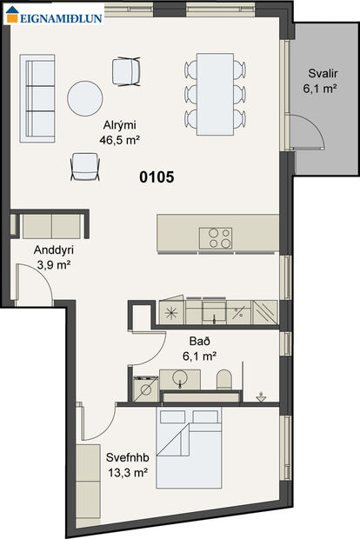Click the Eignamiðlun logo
pyautogui.click(x=54, y=15)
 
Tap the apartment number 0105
pyautogui.click(x=157, y=177)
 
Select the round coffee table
pyautogui.click(x=85, y=98)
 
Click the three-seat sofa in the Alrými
pyautogui.click(x=37, y=98)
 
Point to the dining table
pyautogui.click(x=216, y=94)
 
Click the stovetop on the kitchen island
pyautogui.click(x=216, y=238)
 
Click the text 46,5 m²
pyautogui.click(x=119, y=140)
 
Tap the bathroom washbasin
pyautogui.click(x=179, y=379)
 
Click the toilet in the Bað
pyautogui.click(x=224, y=380)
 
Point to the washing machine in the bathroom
pyautogui.click(x=146, y=389)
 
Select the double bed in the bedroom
pyautogui.click(x=189, y=447)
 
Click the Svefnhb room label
pyautogui.click(x=128, y=457)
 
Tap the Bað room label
pyautogui.click(x=199, y=341)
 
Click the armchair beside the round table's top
pyautogui.click(x=127, y=71)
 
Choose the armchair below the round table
pyautogui.click(x=85, y=167)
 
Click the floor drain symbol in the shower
pyautogui.click(x=262, y=397)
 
